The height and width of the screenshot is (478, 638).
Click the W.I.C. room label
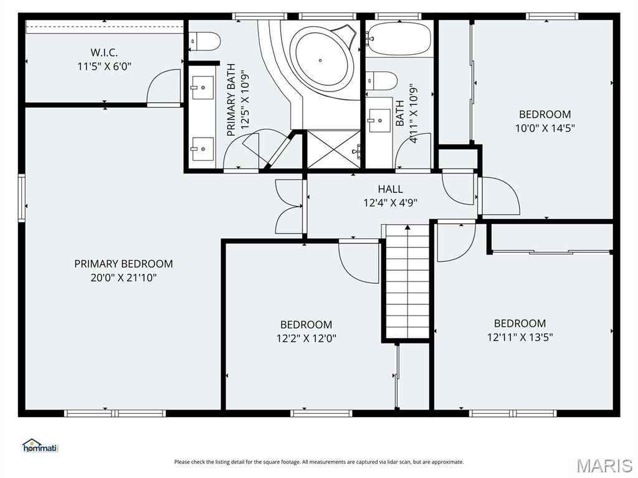point(104,52)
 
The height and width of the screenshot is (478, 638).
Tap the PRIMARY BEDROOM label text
point(123,264)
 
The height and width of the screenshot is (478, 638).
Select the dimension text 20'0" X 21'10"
point(124,278)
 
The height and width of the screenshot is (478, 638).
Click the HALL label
point(390,189)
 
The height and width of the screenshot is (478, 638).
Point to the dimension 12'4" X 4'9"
point(390,202)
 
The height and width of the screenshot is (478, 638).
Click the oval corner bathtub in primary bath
point(322,60)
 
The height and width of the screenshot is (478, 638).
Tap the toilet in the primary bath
point(206,42)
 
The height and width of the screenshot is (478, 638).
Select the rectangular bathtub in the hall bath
point(399,38)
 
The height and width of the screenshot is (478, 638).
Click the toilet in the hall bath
point(381,81)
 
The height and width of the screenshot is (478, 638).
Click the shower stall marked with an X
point(333,149)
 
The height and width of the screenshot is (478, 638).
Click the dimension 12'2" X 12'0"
point(307,338)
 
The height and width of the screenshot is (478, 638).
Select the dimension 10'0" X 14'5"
point(545,128)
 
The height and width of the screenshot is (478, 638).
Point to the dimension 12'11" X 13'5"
point(520,337)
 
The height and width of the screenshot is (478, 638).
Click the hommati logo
point(40,446)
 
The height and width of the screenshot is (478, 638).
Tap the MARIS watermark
point(604,466)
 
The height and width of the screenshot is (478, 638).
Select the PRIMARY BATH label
point(231,100)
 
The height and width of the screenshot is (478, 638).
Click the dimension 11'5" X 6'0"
point(104,66)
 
